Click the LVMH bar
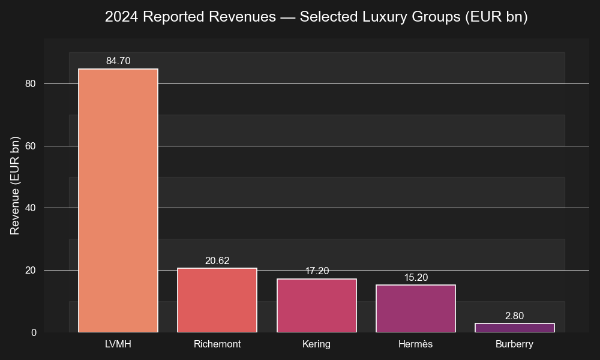[x=118, y=200]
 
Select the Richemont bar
[x=217, y=300]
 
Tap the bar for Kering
[x=316, y=305]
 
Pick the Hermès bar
[x=415, y=308]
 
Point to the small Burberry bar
[x=515, y=328]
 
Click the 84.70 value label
[x=118, y=61]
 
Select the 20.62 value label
[x=217, y=261]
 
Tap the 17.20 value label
[x=316, y=271]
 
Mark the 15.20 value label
[x=415, y=278]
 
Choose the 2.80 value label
[x=515, y=316]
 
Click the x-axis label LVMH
[x=118, y=344]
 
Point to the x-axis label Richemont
[x=217, y=344]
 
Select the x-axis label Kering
[x=316, y=344]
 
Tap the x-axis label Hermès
[x=415, y=344]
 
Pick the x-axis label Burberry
[x=515, y=344]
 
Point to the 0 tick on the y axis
[x=34, y=332]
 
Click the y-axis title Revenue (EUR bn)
[x=15, y=185]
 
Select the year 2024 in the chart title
[x=121, y=17]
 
